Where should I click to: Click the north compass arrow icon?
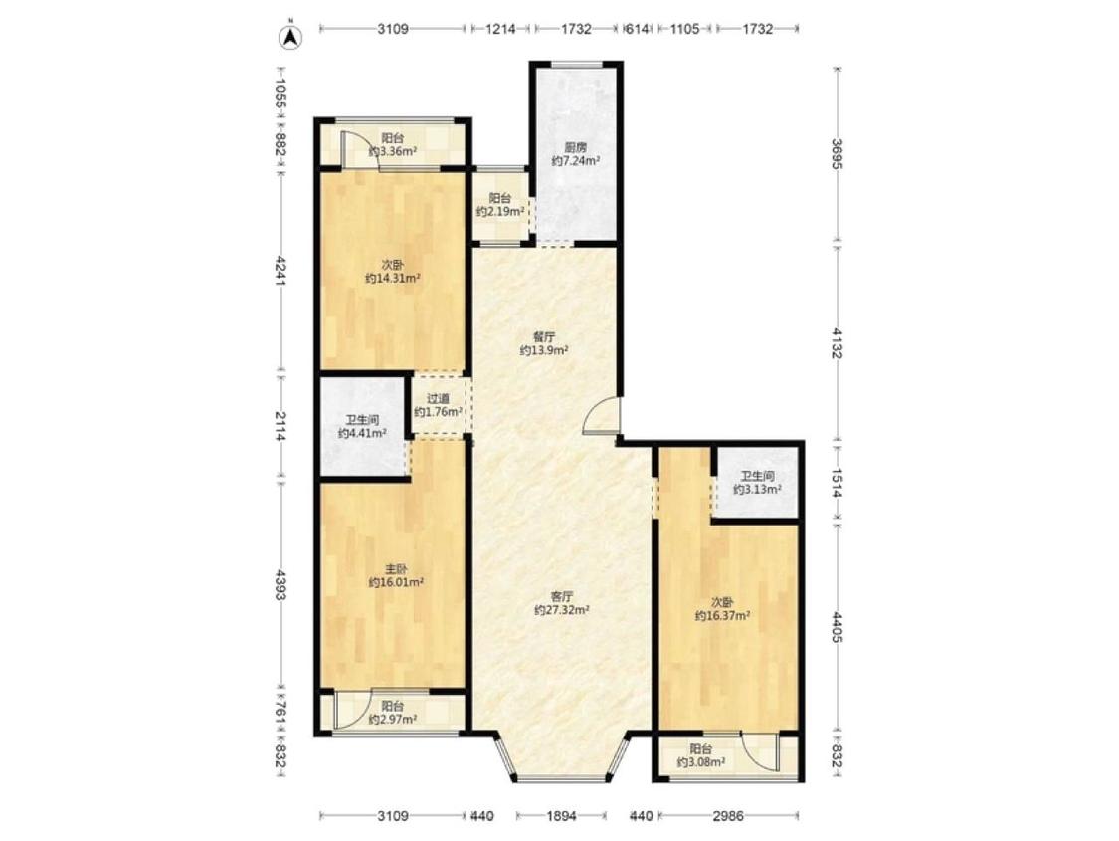tap(291, 37)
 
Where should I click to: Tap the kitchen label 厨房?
tap(575, 147)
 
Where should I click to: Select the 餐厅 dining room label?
tap(544, 337)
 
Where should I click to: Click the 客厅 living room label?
tap(562, 596)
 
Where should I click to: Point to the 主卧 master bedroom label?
tap(397, 569)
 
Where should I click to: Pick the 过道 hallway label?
tap(439, 399)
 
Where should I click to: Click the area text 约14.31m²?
tap(393, 279)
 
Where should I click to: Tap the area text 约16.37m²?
tap(723, 615)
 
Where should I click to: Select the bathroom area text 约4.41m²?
tap(362, 433)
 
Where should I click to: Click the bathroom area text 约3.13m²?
tap(757, 489)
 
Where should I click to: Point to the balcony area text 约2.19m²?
tap(501, 212)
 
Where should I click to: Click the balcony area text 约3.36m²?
tap(393, 152)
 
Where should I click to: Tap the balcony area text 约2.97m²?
tap(393, 719)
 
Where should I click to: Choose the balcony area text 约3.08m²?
tap(701, 762)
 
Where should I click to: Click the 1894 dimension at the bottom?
tap(562, 815)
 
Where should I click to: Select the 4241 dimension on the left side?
tap(280, 272)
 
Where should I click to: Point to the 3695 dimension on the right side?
tap(838, 154)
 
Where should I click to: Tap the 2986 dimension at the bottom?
tap(729, 815)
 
